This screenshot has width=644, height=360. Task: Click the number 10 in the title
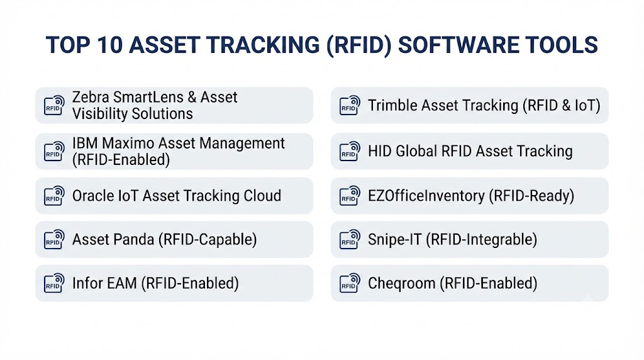(111, 45)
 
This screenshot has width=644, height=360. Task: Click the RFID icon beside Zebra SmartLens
(54, 105)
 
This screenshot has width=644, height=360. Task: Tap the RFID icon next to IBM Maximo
(54, 151)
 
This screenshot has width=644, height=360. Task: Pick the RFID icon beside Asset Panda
(54, 239)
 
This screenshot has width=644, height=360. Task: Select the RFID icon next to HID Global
(350, 151)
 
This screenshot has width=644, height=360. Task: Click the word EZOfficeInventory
(426, 196)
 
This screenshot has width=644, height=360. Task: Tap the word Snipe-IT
(395, 240)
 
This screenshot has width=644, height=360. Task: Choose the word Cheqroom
(402, 284)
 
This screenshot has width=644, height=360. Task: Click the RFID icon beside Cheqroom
(350, 283)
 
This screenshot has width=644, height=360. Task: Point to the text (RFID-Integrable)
(481, 240)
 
